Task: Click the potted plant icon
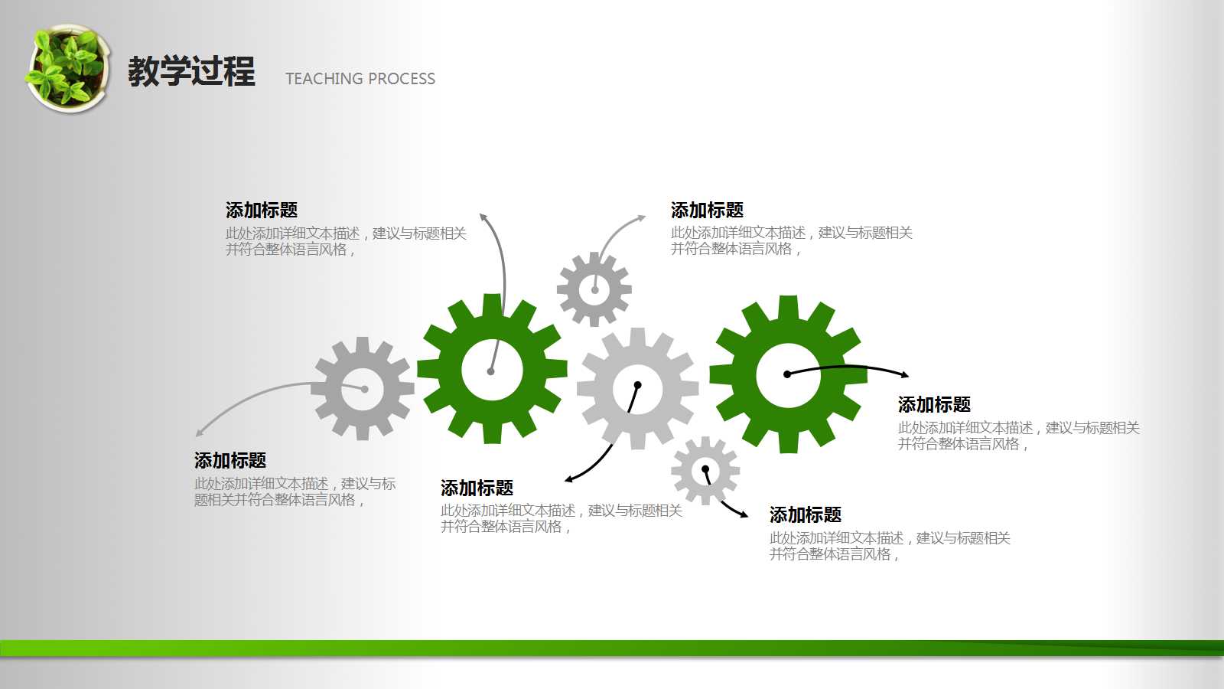pos(68,68)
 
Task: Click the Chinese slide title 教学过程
pos(191,71)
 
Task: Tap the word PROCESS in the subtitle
pos(402,79)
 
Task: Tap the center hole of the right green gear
pos(788,375)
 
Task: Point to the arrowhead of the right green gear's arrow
pos(906,375)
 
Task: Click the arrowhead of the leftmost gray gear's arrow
pos(199,433)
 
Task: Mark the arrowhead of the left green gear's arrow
pos(483,217)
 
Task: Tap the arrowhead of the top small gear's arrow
pos(642,217)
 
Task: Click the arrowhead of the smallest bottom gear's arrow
pos(744,514)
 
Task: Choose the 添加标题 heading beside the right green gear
pos(934,405)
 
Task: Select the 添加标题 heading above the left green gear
pos(262,210)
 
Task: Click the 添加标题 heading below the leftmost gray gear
pos(230,460)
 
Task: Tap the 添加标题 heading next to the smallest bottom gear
pos(806,514)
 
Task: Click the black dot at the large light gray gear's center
pos(637,386)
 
